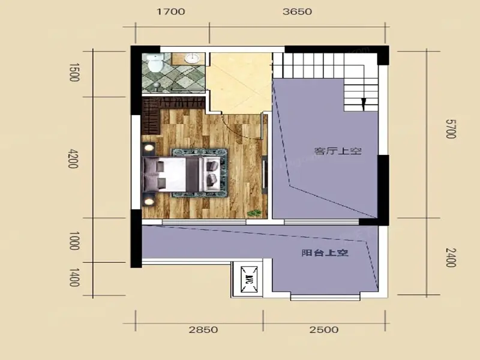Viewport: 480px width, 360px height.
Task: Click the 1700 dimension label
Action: point(171,11)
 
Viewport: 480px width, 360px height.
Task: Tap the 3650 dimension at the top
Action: point(297,11)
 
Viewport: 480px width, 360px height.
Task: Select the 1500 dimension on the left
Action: point(74,73)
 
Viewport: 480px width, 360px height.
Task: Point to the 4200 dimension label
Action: point(73,158)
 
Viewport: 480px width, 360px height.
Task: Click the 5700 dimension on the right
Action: point(451,128)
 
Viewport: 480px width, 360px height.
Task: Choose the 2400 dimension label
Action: point(451,257)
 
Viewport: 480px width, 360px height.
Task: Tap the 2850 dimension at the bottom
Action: point(203,330)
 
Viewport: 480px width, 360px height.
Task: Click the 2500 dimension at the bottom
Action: point(324,330)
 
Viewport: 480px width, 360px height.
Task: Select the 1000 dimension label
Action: point(74,241)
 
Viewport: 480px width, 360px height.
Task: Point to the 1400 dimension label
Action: point(74,277)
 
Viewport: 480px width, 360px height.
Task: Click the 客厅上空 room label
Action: point(338,151)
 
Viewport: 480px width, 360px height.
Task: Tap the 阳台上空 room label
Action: point(325,253)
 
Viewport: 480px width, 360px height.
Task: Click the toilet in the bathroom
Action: point(155,63)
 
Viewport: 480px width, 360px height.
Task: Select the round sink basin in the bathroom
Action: point(193,58)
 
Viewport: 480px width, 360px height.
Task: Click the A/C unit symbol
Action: point(249,280)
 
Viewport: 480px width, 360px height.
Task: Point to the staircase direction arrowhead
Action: point(364,104)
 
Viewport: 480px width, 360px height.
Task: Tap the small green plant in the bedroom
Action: point(254,213)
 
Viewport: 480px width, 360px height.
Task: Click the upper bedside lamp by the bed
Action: point(149,148)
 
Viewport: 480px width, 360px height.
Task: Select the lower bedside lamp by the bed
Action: point(149,202)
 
